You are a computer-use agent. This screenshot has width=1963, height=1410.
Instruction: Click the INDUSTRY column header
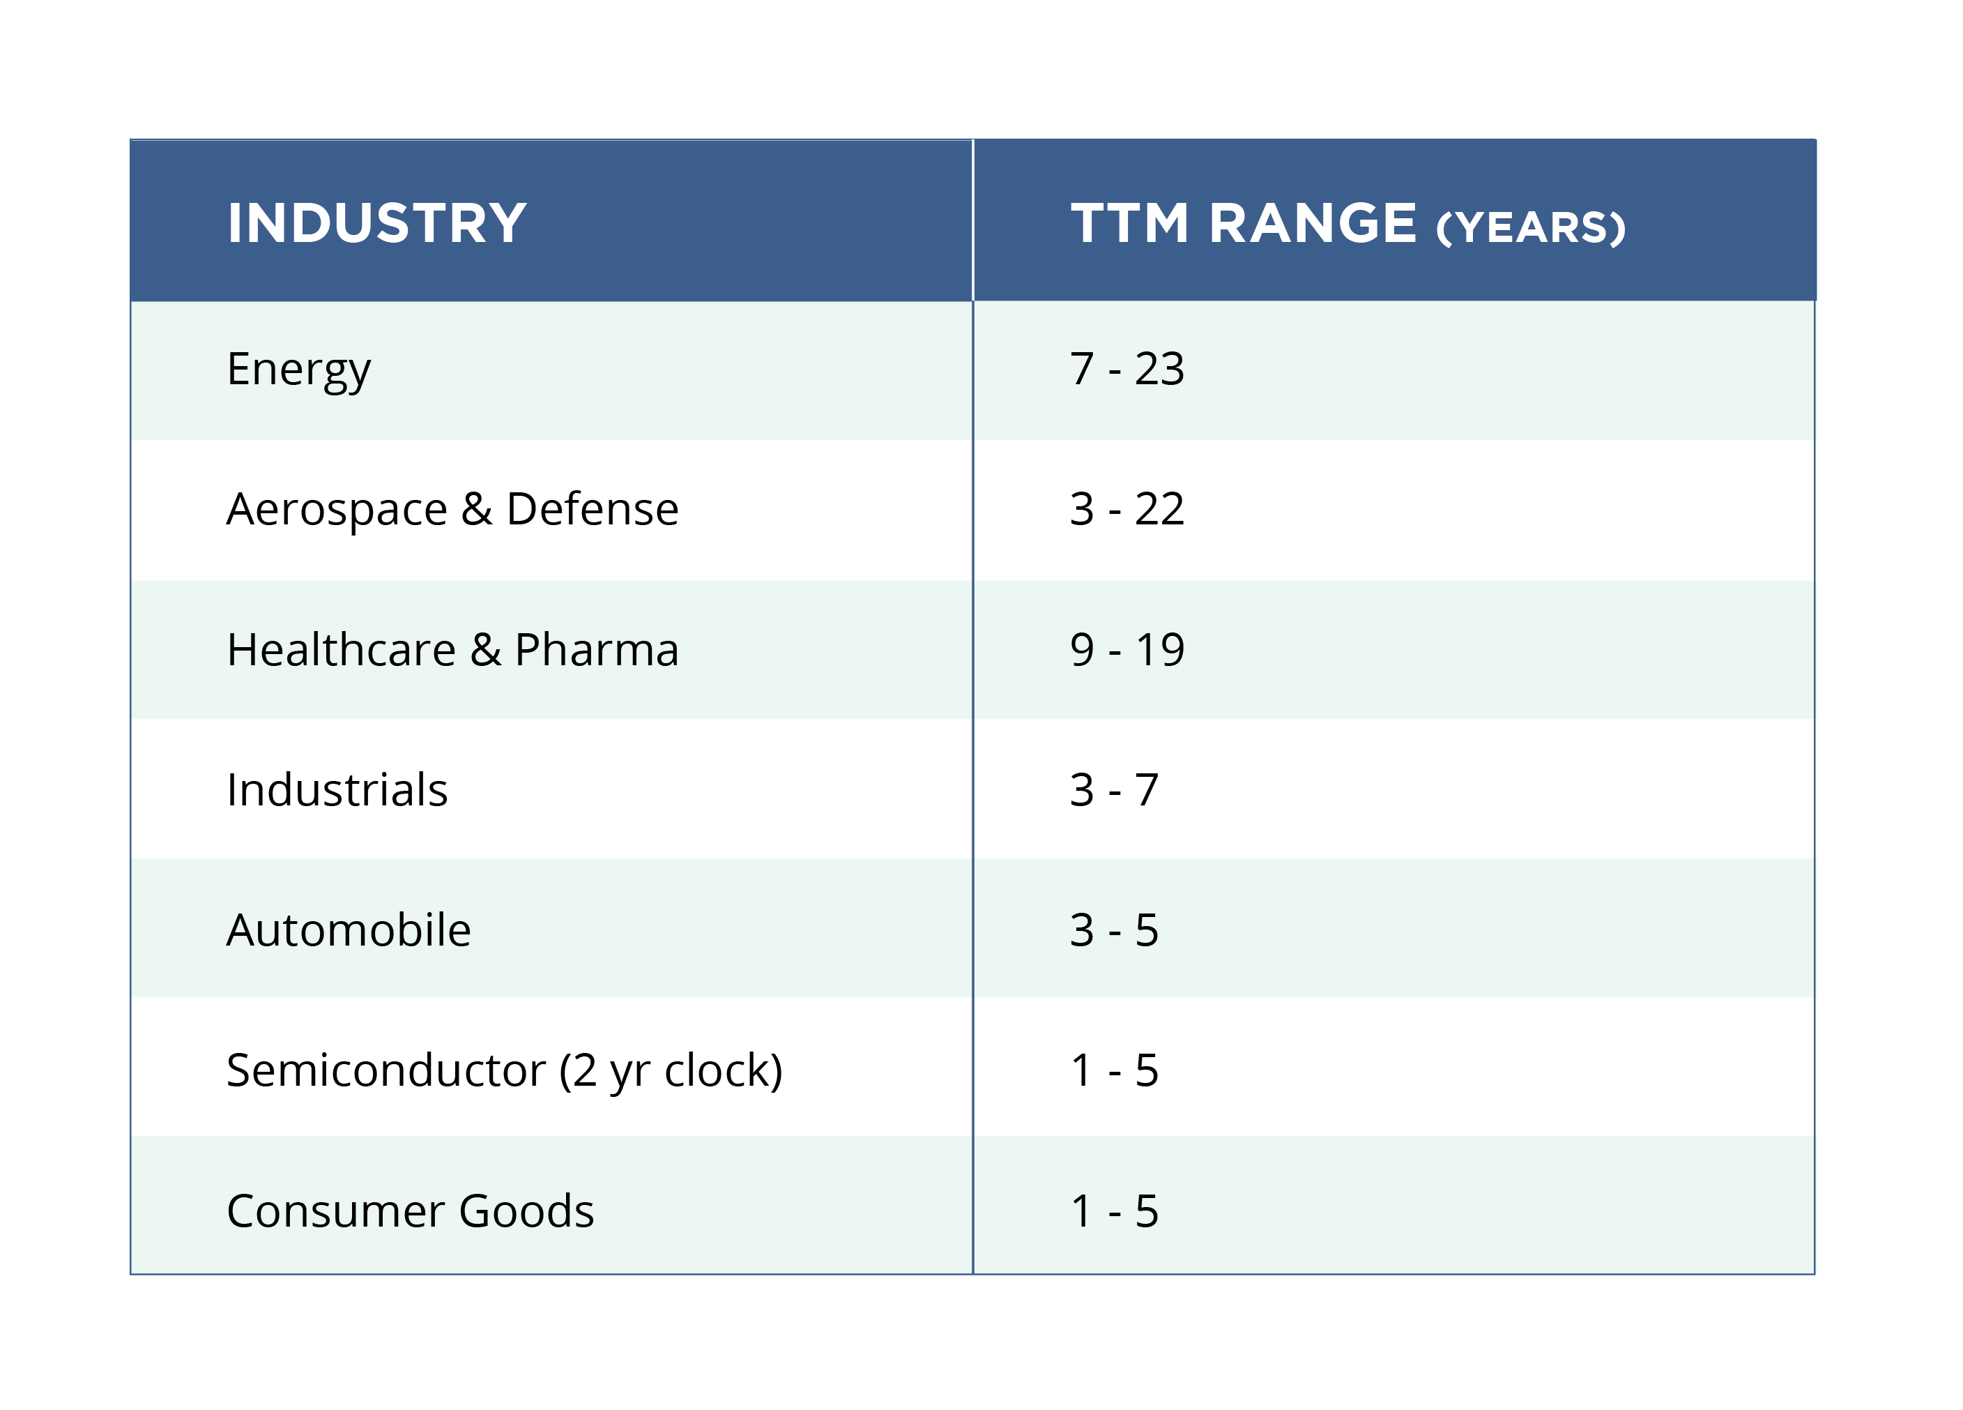point(376,223)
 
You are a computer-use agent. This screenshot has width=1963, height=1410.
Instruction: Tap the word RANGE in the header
point(1312,223)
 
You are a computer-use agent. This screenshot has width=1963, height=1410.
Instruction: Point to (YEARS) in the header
point(1530,227)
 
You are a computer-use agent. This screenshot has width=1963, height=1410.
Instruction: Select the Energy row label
point(298,370)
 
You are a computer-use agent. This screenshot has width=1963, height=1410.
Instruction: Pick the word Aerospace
point(337,509)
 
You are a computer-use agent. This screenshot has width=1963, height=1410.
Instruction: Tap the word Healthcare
point(341,650)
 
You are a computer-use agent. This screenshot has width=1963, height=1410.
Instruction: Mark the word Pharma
point(596,650)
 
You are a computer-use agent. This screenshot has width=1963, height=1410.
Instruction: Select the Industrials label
point(337,790)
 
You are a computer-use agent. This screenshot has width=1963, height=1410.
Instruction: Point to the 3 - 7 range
point(1113,790)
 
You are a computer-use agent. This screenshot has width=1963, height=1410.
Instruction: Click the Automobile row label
point(348,930)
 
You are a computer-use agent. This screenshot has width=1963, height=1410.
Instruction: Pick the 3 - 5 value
point(1113,930)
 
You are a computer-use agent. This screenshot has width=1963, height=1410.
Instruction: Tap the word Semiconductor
point(386,1070)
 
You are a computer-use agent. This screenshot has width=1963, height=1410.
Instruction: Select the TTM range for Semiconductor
point(1113,1070)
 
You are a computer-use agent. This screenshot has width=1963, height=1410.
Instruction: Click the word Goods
point(526,1211)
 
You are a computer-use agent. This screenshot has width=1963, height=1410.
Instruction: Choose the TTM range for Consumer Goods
point(1113,1211)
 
